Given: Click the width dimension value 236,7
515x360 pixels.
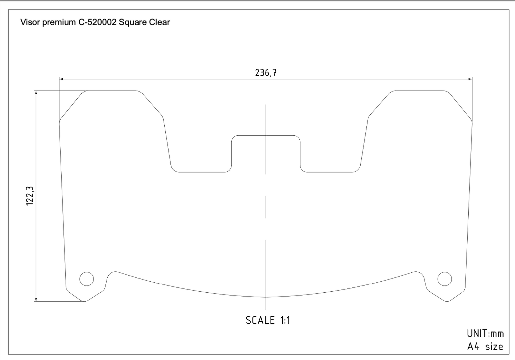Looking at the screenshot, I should pos(266,73).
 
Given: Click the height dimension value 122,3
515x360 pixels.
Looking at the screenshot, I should pos(30,196).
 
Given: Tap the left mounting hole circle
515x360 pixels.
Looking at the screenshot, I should pos(87,279).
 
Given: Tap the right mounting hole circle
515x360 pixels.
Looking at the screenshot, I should pos(444,279).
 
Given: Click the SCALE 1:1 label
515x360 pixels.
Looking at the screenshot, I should pos(268,320).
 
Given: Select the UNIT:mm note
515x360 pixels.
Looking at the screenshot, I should pos(485,334).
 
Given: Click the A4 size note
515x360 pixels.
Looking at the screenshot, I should pos(485,346).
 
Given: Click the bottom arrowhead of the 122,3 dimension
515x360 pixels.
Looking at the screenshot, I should pos(36,299).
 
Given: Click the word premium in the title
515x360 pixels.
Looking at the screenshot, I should pos(58,22).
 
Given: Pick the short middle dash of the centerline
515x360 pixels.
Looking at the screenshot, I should pos(266,207).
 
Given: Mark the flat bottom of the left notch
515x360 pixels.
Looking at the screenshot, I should pos(202,172).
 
